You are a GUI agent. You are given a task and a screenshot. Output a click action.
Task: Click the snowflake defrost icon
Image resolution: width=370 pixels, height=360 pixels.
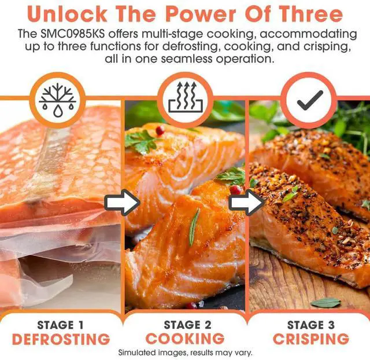click(57, 100)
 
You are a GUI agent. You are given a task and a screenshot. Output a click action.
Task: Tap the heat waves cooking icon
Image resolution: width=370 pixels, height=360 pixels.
click(186, 97)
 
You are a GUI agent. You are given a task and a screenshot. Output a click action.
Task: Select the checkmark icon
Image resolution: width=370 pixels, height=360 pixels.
click(310, 100)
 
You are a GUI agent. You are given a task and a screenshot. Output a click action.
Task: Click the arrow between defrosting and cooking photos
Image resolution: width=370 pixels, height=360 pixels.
click(122, 203)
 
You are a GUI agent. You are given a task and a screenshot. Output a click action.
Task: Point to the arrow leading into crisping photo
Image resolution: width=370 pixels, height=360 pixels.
click(246, 203)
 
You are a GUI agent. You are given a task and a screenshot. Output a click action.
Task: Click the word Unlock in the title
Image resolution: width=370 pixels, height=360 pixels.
click(67, 14)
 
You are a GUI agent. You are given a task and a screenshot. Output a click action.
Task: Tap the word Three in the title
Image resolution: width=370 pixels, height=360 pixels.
click(311, 14)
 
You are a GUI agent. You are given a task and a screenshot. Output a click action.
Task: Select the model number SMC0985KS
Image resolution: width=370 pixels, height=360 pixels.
click(72, 34)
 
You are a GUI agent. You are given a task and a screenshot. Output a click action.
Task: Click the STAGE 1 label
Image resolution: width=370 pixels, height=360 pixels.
click(60, 325)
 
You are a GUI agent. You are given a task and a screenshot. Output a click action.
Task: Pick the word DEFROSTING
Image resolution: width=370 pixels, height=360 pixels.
click(61, 339)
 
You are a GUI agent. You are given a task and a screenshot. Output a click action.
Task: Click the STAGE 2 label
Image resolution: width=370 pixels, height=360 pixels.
click(187, 325)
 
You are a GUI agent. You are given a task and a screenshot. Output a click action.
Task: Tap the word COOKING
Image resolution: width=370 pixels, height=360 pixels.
click(185, 339)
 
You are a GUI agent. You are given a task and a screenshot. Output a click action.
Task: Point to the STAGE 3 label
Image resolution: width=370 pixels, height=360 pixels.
click(311, 325)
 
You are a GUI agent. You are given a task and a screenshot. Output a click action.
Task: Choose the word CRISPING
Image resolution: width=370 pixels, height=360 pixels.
click(311, 339)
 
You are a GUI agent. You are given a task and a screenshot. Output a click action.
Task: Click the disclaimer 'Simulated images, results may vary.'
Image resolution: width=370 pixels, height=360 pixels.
click(185, 352)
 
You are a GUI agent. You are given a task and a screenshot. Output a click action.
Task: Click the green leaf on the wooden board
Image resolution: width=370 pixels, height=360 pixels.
click(325, 303)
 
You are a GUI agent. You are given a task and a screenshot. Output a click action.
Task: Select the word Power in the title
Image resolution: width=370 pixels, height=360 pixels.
click(201, 14)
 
